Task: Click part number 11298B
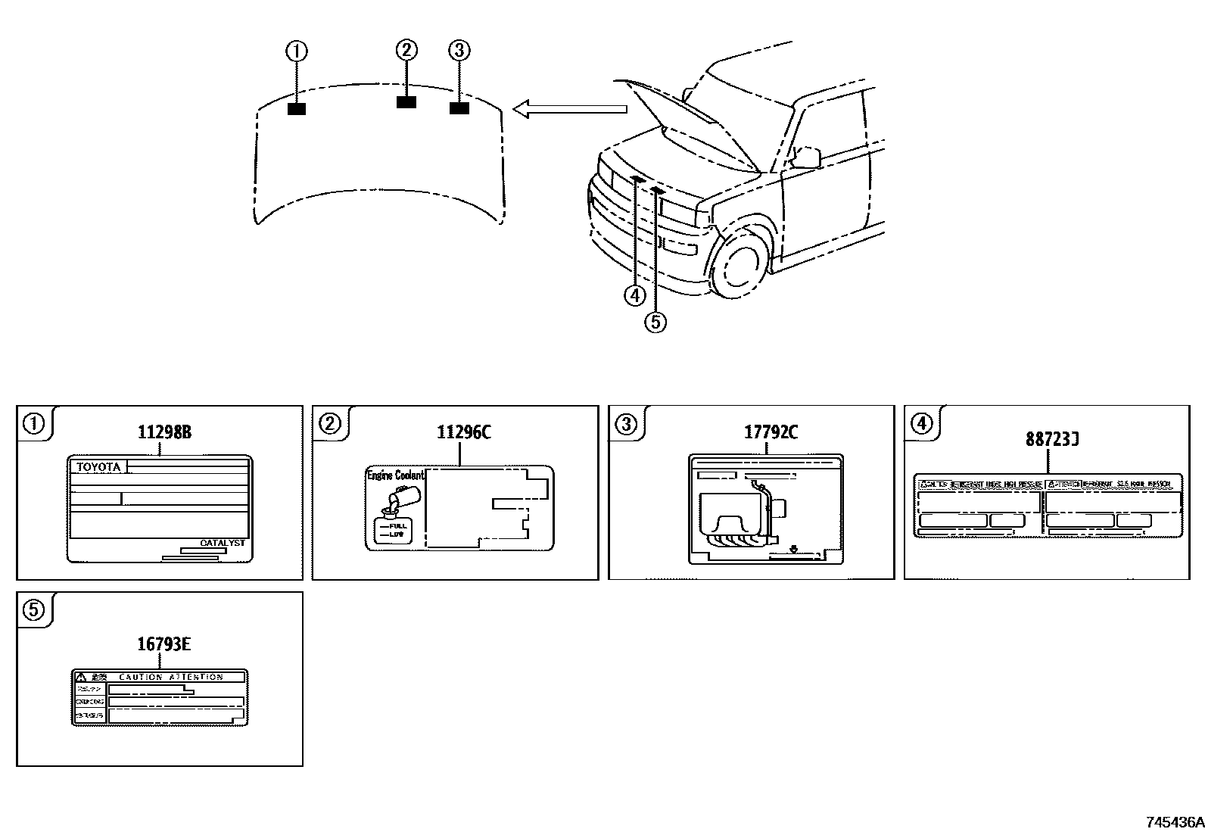[x=163, y=432]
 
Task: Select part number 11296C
[x=463, y=432]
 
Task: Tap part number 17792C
[x=771, y=432]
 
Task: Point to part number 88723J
[x=1052, y=439]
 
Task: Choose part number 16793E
[x=163, y=644]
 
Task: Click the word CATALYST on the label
[x=223, y=543]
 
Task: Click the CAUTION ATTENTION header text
[x=171, y=677]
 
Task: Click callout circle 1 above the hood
[x=296, y=51]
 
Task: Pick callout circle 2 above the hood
[x=406, y=50]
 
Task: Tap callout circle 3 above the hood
[x=459, y=51]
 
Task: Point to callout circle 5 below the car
[x=655, y=322]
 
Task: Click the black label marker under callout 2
[x=406, y=102]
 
